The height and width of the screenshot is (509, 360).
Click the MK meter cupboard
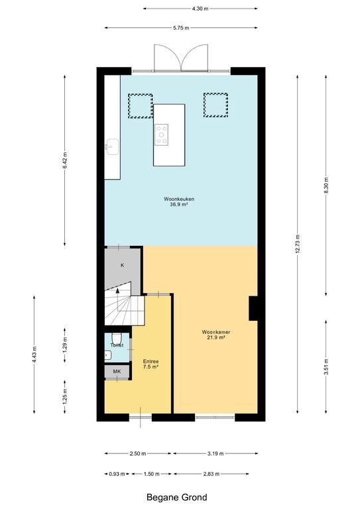(117, 371)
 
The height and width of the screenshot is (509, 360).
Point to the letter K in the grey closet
(123, 265)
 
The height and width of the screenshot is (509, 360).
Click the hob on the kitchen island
(161, 135)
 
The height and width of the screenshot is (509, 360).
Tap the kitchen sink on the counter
(111, 146)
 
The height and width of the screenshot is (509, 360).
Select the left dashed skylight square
(141, 106)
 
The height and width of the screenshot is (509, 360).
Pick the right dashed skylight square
(216, 105)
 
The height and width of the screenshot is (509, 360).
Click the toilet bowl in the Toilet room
(116, 337)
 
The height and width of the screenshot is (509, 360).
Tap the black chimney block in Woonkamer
(253, 308)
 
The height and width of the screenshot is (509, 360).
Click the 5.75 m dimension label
(181, 28)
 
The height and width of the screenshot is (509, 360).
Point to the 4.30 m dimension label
(200, 9)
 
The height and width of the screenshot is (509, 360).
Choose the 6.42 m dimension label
(64, 160)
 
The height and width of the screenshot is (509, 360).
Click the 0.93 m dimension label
(117, 474)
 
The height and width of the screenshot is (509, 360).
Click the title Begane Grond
(176, 497)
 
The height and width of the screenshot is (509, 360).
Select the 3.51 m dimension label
(326, 367)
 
